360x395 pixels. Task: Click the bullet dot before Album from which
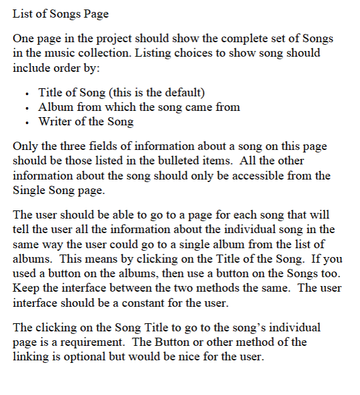[28, 108]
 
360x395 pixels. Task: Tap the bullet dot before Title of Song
[28, 94]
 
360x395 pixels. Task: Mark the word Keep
[25, 289]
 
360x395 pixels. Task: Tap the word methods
[220, 289]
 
